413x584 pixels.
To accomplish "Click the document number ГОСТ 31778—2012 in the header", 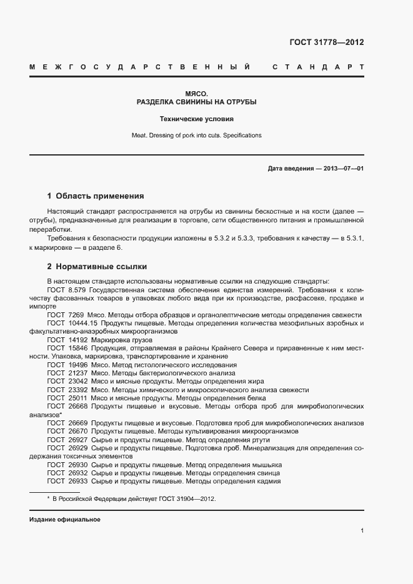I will coord(327,42).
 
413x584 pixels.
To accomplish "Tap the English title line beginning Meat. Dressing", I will coord(196,135).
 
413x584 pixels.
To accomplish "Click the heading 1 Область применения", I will coord(96,195).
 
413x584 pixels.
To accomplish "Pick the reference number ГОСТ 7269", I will coord(65,315).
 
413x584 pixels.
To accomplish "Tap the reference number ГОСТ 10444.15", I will coord(72,323).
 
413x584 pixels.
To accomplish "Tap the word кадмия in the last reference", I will coord(268,481).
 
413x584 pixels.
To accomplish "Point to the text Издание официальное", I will coord(65,520).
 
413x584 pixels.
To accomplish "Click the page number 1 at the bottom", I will coord(362,530).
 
